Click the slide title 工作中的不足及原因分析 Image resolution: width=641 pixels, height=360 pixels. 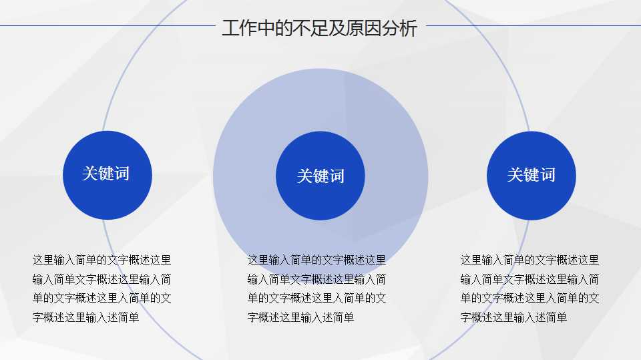pos(319,29)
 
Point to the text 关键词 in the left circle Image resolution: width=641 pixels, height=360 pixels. pos(105,174)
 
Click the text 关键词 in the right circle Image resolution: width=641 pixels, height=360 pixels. pos(531,175)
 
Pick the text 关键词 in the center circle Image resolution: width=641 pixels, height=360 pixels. pos(320,176)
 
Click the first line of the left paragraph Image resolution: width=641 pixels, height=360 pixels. pos(101,260)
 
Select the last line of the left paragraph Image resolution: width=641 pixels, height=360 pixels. pos(85,318)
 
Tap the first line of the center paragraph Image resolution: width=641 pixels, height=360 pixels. pos(316,260)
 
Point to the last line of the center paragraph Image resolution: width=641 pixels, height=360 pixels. pos(300,318)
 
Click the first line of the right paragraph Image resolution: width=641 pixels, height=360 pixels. pos(529,260)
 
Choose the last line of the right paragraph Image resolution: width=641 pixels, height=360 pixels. pos(513,318)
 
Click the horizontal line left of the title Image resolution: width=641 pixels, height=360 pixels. pos(107,26)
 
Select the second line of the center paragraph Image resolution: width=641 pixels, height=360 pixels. pos(316,279)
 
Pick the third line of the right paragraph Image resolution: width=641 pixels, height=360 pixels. pos(529,299)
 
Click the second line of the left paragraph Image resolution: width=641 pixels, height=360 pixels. pos(101,279)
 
